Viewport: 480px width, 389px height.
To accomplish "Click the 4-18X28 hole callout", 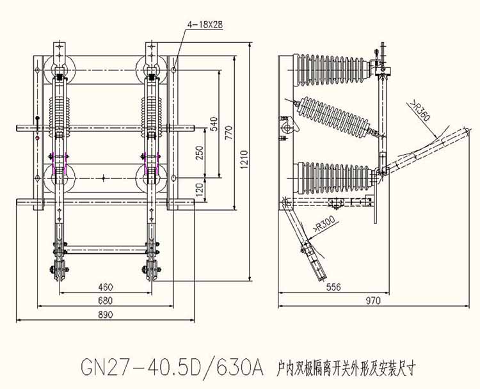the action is (205, 26).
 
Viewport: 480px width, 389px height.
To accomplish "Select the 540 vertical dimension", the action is (214, 123).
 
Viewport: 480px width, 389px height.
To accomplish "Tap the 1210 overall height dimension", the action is (244, 159).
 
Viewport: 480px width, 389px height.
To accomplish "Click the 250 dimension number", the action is (199, 152).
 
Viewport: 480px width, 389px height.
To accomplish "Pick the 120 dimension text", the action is (199, 189).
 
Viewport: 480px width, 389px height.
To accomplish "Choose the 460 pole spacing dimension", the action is (106, 287).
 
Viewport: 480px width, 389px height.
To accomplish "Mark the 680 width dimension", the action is (106, 301).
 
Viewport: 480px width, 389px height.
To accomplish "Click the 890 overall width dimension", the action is (106, 314).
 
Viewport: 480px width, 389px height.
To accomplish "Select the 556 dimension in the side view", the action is (333, 287).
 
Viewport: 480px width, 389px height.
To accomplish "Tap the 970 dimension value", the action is (374, 301).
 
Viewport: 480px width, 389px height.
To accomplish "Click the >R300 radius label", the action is (324, 225).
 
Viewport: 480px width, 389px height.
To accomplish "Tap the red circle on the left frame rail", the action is (38, 138).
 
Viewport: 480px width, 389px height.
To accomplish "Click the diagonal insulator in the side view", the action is (336, 118).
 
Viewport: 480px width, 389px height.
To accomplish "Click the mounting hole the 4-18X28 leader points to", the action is (173, 70).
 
